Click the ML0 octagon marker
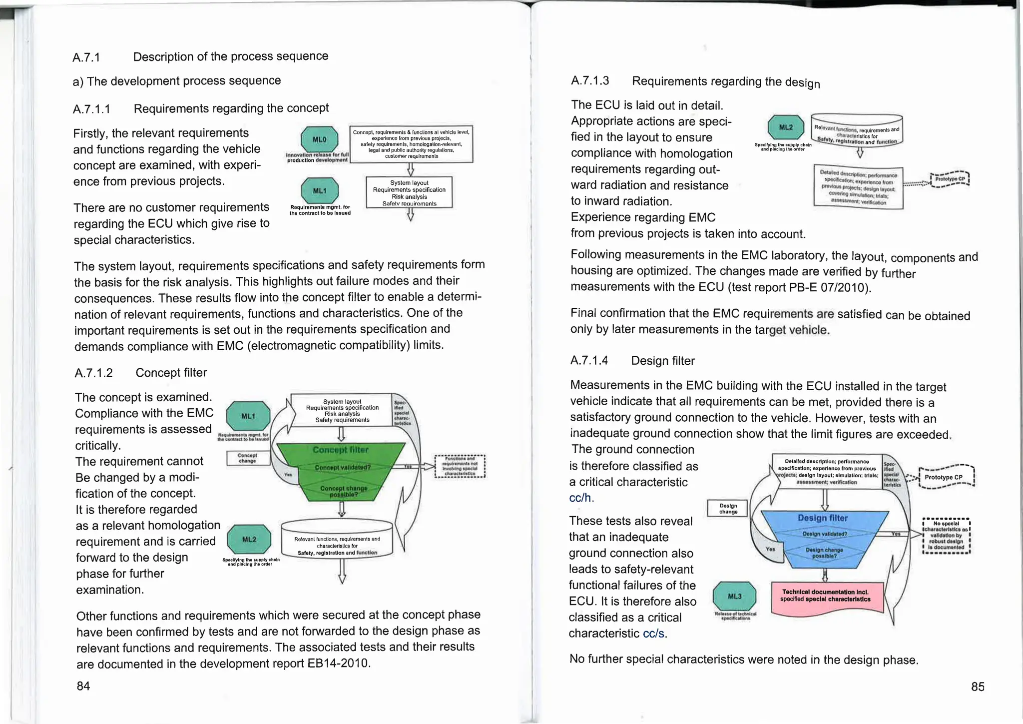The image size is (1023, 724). (319, 139)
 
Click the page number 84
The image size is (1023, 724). (83, 686)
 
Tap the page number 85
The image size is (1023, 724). (978, 687)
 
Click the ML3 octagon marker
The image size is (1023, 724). (734, 596)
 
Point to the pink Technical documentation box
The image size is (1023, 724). (827, 597)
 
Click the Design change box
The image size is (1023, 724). (728, 509)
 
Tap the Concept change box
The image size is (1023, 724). (248, 458)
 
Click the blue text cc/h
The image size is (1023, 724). (580, 498)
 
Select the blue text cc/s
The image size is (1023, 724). (654, 634)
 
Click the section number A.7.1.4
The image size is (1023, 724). (589, 360)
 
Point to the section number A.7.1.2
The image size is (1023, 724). (93, 373)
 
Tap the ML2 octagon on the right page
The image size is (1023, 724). (786, 127)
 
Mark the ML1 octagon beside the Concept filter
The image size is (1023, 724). (248, 416)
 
